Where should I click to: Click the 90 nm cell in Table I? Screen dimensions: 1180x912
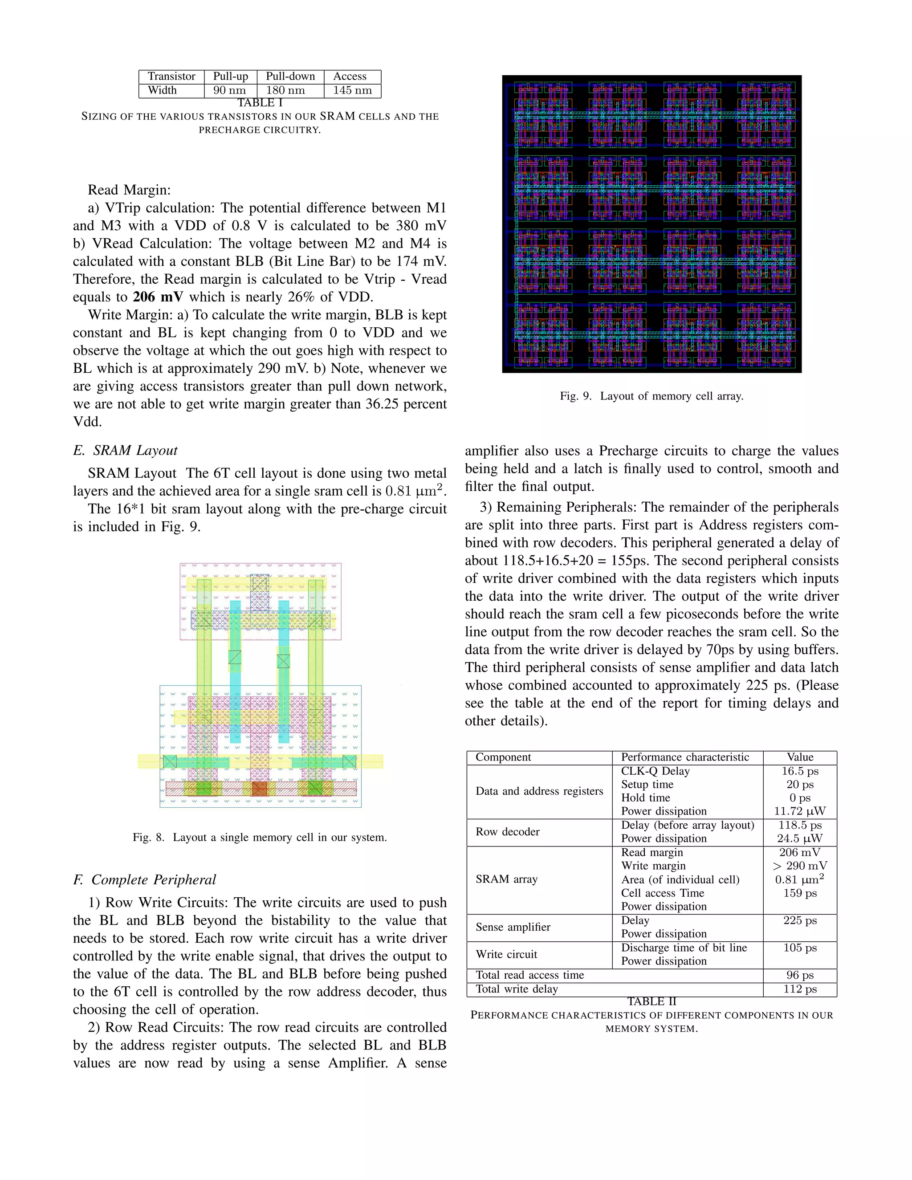pos(230,91)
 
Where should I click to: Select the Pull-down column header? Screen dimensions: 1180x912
pos(290,77)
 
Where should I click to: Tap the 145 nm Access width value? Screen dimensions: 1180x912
pos(352,91)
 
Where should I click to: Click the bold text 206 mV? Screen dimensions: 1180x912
pos(158,297)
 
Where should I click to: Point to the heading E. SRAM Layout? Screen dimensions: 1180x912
pos(125,451)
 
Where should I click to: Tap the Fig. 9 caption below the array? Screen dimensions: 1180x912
pos(651,396)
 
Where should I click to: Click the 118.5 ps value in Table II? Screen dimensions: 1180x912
pos(800,826)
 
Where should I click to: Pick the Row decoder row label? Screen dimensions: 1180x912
pos(507,832)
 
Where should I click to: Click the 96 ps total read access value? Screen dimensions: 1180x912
pos(800,975)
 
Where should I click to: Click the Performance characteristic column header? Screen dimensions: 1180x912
pos(684,757)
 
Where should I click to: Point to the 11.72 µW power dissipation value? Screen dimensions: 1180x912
pos(800,811)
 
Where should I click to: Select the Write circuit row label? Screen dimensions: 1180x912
pos(506,955)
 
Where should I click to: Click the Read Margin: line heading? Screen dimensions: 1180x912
pos(129,190)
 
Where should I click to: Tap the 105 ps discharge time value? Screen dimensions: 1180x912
pos(800,948)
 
